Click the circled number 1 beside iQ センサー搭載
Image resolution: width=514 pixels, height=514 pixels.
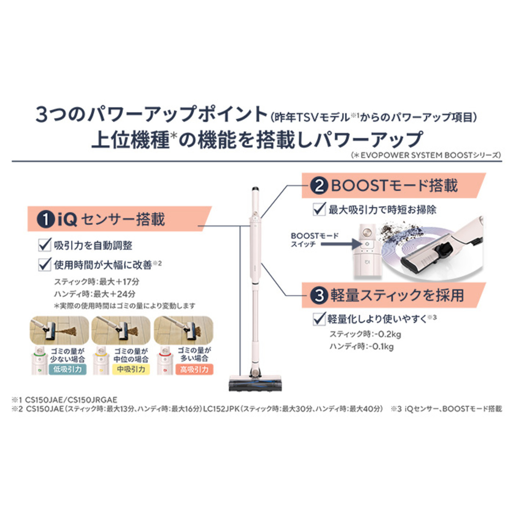tap(45, 220)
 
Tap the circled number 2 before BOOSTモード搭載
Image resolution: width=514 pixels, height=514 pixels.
tap(319, 186)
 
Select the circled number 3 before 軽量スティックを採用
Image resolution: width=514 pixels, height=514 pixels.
tap(319, 296)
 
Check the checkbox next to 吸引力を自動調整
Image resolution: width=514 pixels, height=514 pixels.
tap(45, 245)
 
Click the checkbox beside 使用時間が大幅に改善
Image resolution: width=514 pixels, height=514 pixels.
tap(45, 265)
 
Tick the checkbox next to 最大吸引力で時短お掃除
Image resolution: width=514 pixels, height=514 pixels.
tap(319, 209)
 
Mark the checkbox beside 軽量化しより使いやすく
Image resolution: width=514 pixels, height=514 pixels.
tap(319, 319)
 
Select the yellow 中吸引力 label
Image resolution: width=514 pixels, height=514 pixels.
tap(131, 369)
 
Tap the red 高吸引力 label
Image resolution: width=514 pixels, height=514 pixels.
tap(194, 369)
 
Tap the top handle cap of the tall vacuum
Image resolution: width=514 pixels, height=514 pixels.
tap(255, 189)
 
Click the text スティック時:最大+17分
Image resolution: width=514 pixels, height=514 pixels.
tap(96, 282)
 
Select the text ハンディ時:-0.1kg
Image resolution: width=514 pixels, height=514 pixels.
tap(361, 347)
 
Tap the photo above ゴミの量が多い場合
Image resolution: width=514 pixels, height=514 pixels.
tap(184, 331)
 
